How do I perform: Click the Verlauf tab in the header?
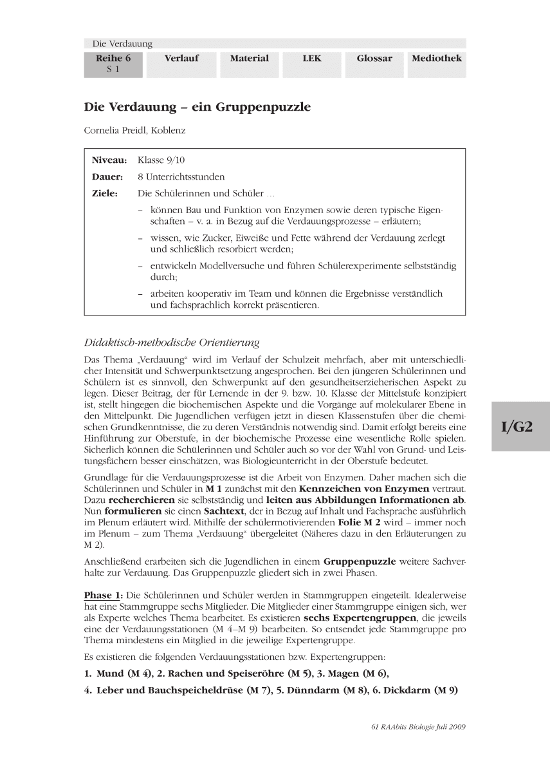pyautogui.click(x=181, y=59)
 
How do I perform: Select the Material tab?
pyautogui.click(x=250, y=59)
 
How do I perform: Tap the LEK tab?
pyautogui.click(x=312, y=59)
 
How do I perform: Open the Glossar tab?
pyautogui.click(x=374, y=59)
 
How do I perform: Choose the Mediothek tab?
pyautogui.click(x=437, y=59)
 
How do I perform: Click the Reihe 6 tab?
pyautogui.click(x=113, y=63)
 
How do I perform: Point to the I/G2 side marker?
pyautogui.click(x=517, y=427)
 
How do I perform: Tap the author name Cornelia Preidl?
pyautogui.click(x=115, y=129)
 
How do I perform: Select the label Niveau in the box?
pyautogui.click(x=109, y=160)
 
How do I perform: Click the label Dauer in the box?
pyautogui.click(x=107, y=176)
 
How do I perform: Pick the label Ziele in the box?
pyautogui.click(x=105, y=193)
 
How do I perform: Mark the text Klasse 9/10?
pyautogui.click(x=161, y=160)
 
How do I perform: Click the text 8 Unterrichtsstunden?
pyautogui.click(x=181, y=176)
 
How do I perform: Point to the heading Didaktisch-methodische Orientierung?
pyautogui.click(x=172, y=342)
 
